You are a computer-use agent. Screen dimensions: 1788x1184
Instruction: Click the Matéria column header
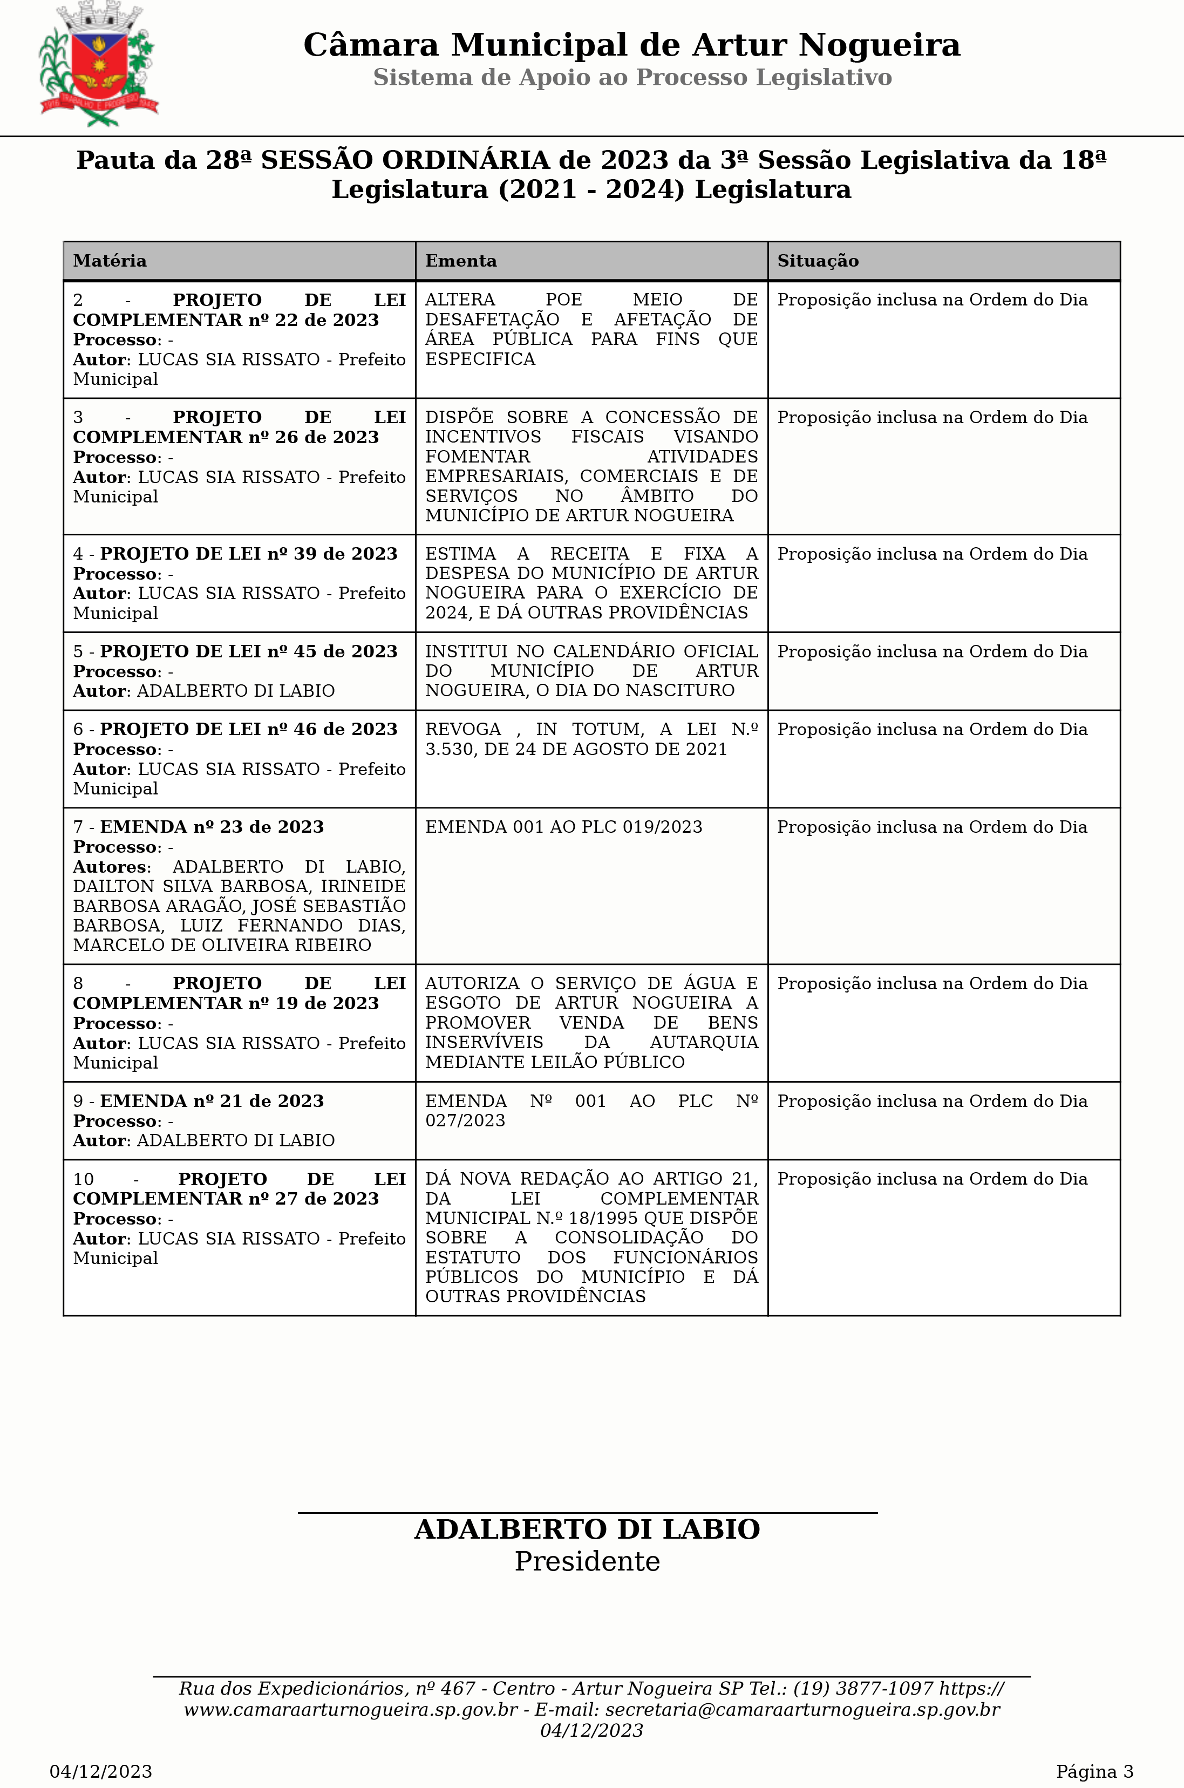(110, 261)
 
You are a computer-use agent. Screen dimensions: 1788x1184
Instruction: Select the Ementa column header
(461, 261)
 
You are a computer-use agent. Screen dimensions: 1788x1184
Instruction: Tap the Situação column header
(818, 261)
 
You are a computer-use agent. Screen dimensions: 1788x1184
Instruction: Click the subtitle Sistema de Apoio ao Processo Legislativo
(632, 78)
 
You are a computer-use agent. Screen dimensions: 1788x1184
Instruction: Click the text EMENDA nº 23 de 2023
(212, 827)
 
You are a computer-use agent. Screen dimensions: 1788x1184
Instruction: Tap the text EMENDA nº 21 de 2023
(212, 1102)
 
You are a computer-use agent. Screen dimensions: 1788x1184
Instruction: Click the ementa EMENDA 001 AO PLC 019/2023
(563, 827)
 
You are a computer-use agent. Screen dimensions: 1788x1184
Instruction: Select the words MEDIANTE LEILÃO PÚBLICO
(554, 1062)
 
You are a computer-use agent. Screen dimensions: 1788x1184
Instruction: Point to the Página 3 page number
(1094, 1771)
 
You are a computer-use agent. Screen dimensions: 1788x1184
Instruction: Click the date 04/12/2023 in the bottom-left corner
(100, 1771)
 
